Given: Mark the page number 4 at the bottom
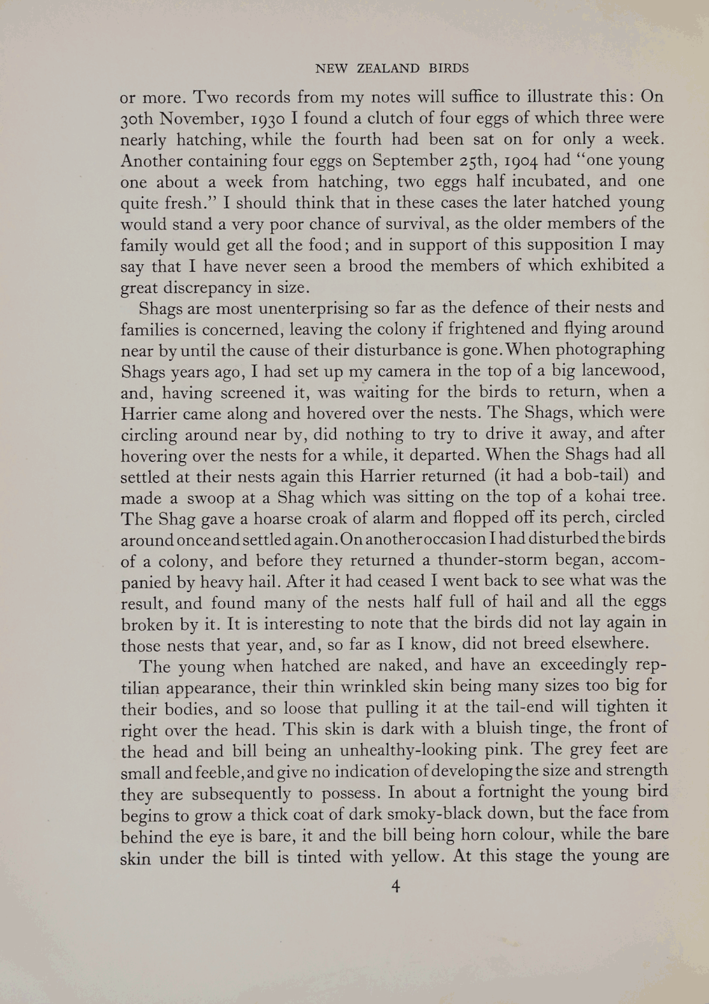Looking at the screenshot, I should coord(395,886).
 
